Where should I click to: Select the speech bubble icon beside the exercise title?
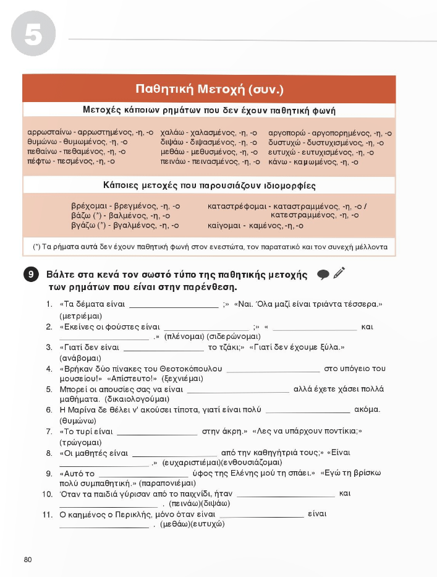coord(322,275)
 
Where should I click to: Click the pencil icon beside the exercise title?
coord(338,273)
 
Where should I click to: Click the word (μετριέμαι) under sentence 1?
coord(80,315)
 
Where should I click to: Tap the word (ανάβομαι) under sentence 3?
coord(80,357)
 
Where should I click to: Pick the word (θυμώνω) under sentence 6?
coord(77,421)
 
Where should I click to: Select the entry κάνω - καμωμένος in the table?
coord(305,162)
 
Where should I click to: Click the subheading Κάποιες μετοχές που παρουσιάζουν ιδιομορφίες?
coord(209,186)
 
